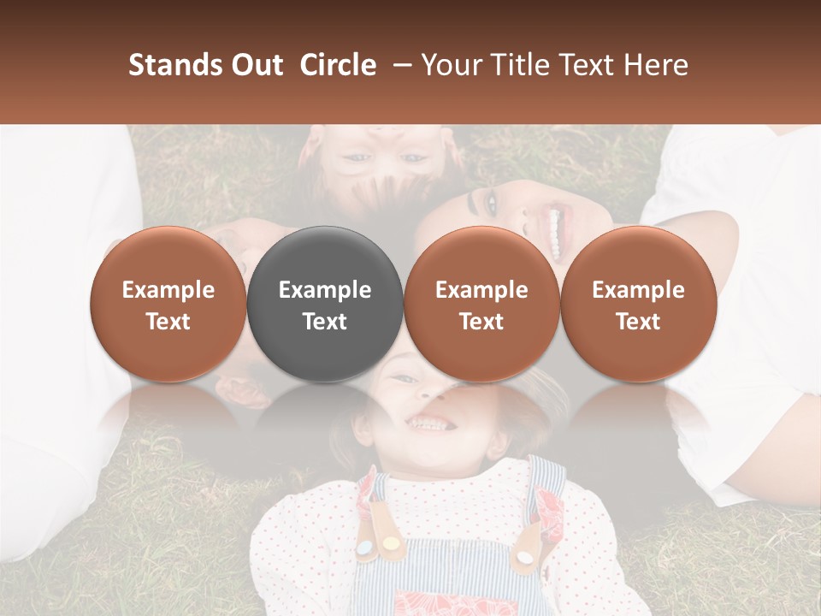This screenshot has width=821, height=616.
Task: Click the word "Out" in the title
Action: pyautogui.click(x=255, y=65)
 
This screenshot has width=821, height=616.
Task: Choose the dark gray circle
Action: pyautogui.click(x=325, y=304)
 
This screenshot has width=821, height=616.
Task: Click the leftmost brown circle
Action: pyautogui.click(x=168, y=304)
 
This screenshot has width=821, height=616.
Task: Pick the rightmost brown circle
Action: pyautogui.click(x=639, y=304)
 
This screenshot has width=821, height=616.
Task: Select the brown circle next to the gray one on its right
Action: pyautogui.click(x=481, y=304)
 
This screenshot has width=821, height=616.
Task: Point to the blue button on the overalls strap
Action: pyautogui.click(x=365, y=548)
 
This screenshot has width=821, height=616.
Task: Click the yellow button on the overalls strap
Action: pyautogui.click(x=391, y=543)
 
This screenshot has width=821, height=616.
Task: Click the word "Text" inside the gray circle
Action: pyautogui.click(x=325, y=322)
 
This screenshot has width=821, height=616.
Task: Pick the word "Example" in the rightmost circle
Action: pyautogui.click(x=639, y=290)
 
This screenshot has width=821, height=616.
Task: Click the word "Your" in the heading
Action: pyautogui.click(x=451, y=65)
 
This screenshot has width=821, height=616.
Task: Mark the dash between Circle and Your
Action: pyautogui.click(x=399, y=65)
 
